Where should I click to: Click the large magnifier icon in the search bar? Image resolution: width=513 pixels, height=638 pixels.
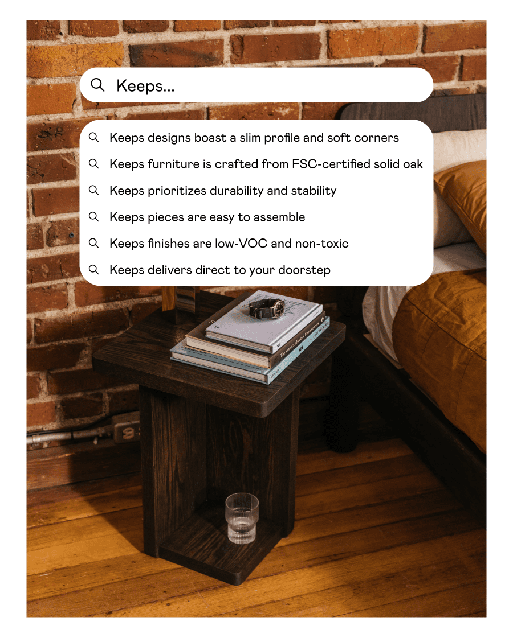click(97, 85)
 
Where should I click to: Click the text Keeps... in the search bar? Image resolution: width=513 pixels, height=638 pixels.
click(145, 86)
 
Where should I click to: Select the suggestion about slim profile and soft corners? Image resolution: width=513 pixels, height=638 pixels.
click(254, 138)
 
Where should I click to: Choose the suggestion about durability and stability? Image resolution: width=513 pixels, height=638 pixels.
click(223, 191)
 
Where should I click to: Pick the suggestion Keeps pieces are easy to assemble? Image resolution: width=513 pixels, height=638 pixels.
click(207, 217)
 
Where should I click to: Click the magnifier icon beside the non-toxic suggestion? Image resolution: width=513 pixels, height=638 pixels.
click(93, 243)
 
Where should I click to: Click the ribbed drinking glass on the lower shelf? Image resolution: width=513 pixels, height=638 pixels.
click(242, 518)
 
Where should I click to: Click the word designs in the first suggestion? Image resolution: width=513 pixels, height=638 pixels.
click(169, 138)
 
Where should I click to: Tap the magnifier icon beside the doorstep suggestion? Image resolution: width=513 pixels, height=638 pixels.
click(93, 269)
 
